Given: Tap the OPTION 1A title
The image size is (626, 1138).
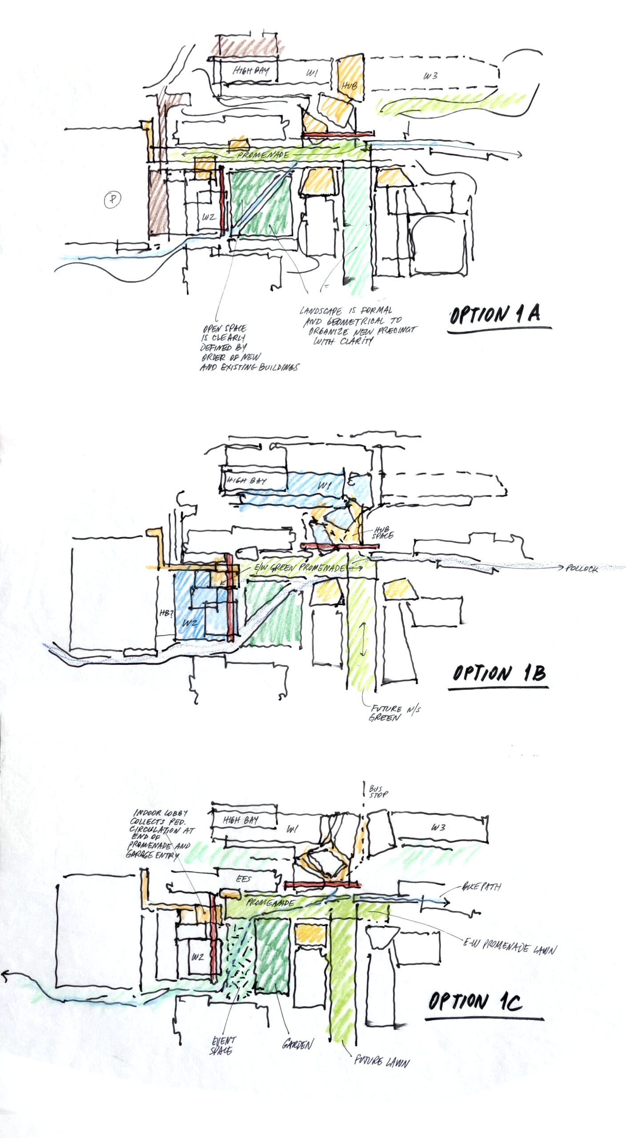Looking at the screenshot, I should click(x=495, y=315).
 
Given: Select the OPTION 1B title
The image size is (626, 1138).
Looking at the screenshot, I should click(x=499, y=674).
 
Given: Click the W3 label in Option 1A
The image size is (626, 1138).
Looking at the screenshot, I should click(x=430, y=76).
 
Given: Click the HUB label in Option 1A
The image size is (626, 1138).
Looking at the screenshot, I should click(x=349, y=85).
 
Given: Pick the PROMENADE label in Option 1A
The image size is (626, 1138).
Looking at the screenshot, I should click(x=263, y=155).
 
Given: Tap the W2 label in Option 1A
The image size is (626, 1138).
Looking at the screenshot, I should click(x=209, y=217).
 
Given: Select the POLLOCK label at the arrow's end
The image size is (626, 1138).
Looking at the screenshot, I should click(x=582, y=569).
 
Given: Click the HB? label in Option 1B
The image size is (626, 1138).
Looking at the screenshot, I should click(x=165, y=613).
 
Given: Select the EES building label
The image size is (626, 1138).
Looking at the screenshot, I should click(x=244, y=879).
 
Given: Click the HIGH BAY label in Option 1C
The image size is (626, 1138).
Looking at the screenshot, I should click(x=241, y=820).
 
